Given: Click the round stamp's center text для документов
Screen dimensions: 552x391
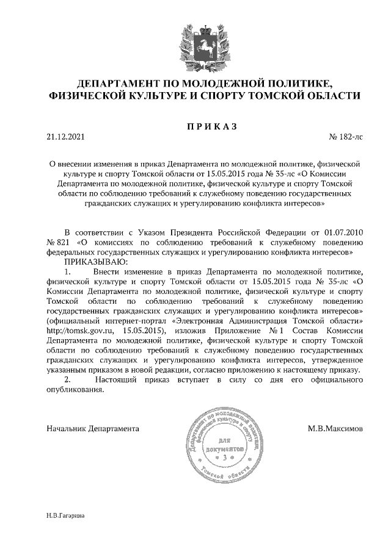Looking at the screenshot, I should coord(224,444).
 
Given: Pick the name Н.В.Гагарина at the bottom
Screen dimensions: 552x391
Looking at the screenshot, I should coord(65,515).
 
